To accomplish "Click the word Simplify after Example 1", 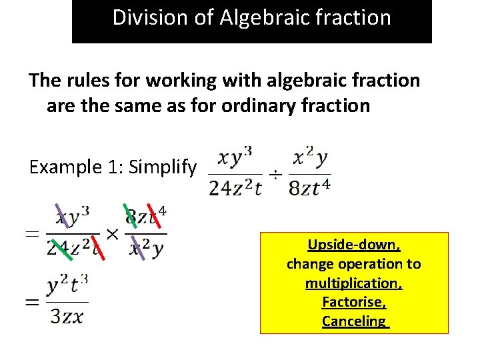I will point(163,167).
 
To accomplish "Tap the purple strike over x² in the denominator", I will point(138,247).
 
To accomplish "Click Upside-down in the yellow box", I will point(354,245).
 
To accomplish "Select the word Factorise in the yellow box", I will point(353,302).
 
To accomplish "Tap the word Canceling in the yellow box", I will point(353,321).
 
